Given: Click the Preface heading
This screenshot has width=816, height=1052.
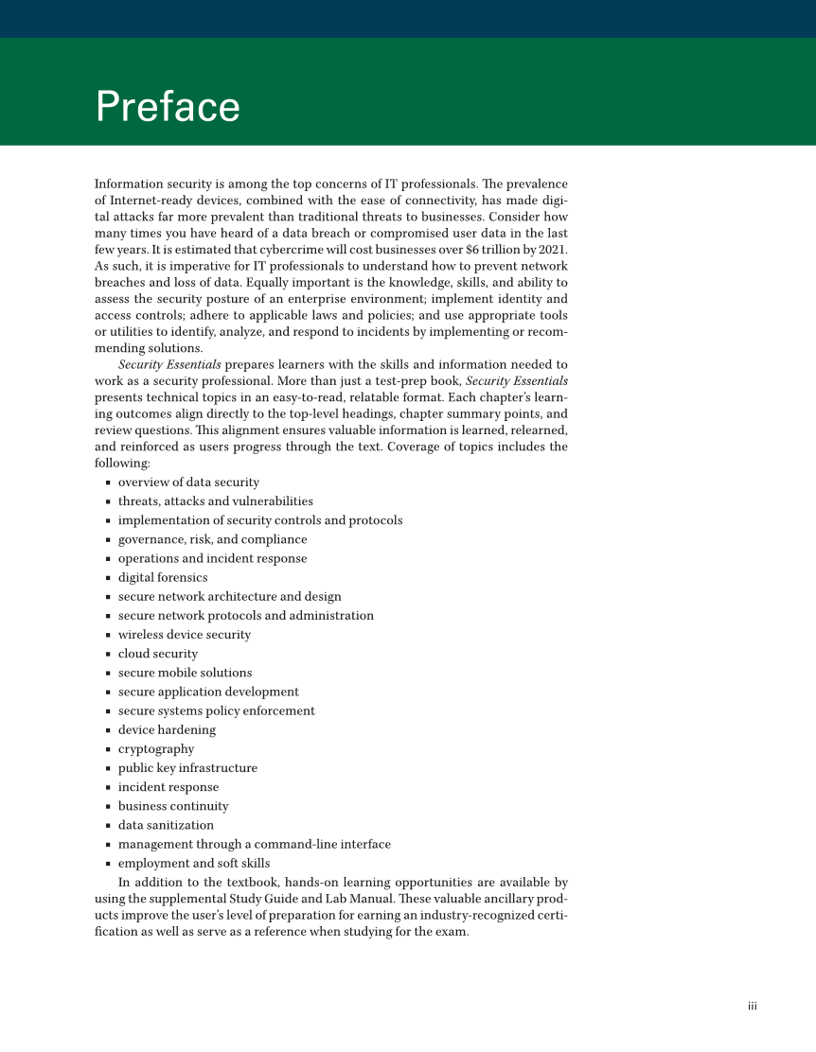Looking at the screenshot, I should (x=168, y=107).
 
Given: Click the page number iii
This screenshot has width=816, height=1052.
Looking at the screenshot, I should (x=752, y=1006).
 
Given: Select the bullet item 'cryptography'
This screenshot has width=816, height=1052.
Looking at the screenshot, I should (x=156, y=749).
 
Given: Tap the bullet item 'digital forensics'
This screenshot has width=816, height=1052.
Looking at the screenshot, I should (x=163, y=578).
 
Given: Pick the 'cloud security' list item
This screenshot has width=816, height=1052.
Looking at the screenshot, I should (x=158, y=654).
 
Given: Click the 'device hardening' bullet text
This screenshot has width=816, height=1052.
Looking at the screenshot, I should (x=167, y=730).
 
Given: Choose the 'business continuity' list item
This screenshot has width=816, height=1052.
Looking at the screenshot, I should (x=173, y=806).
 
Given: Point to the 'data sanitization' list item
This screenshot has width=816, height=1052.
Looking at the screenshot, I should (x=166, y=825).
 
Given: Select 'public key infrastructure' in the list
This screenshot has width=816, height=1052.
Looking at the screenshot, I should (x=187, y=768).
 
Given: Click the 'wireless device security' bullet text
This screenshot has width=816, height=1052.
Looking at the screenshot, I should (x=185, y=635).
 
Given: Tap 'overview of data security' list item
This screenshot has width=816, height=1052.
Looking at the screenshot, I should (x=188, y=482).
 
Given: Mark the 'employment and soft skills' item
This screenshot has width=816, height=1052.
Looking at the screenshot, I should (x=194, y=863).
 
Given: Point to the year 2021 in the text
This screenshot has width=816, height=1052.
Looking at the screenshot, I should (x=552, y=249).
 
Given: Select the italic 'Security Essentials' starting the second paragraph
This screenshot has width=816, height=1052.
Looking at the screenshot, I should (x=169, y=364).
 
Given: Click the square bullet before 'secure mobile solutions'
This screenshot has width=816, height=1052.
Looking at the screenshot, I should (x=109, y=674).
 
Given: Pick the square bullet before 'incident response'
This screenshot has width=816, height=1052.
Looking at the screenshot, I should (x=109, y=788).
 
